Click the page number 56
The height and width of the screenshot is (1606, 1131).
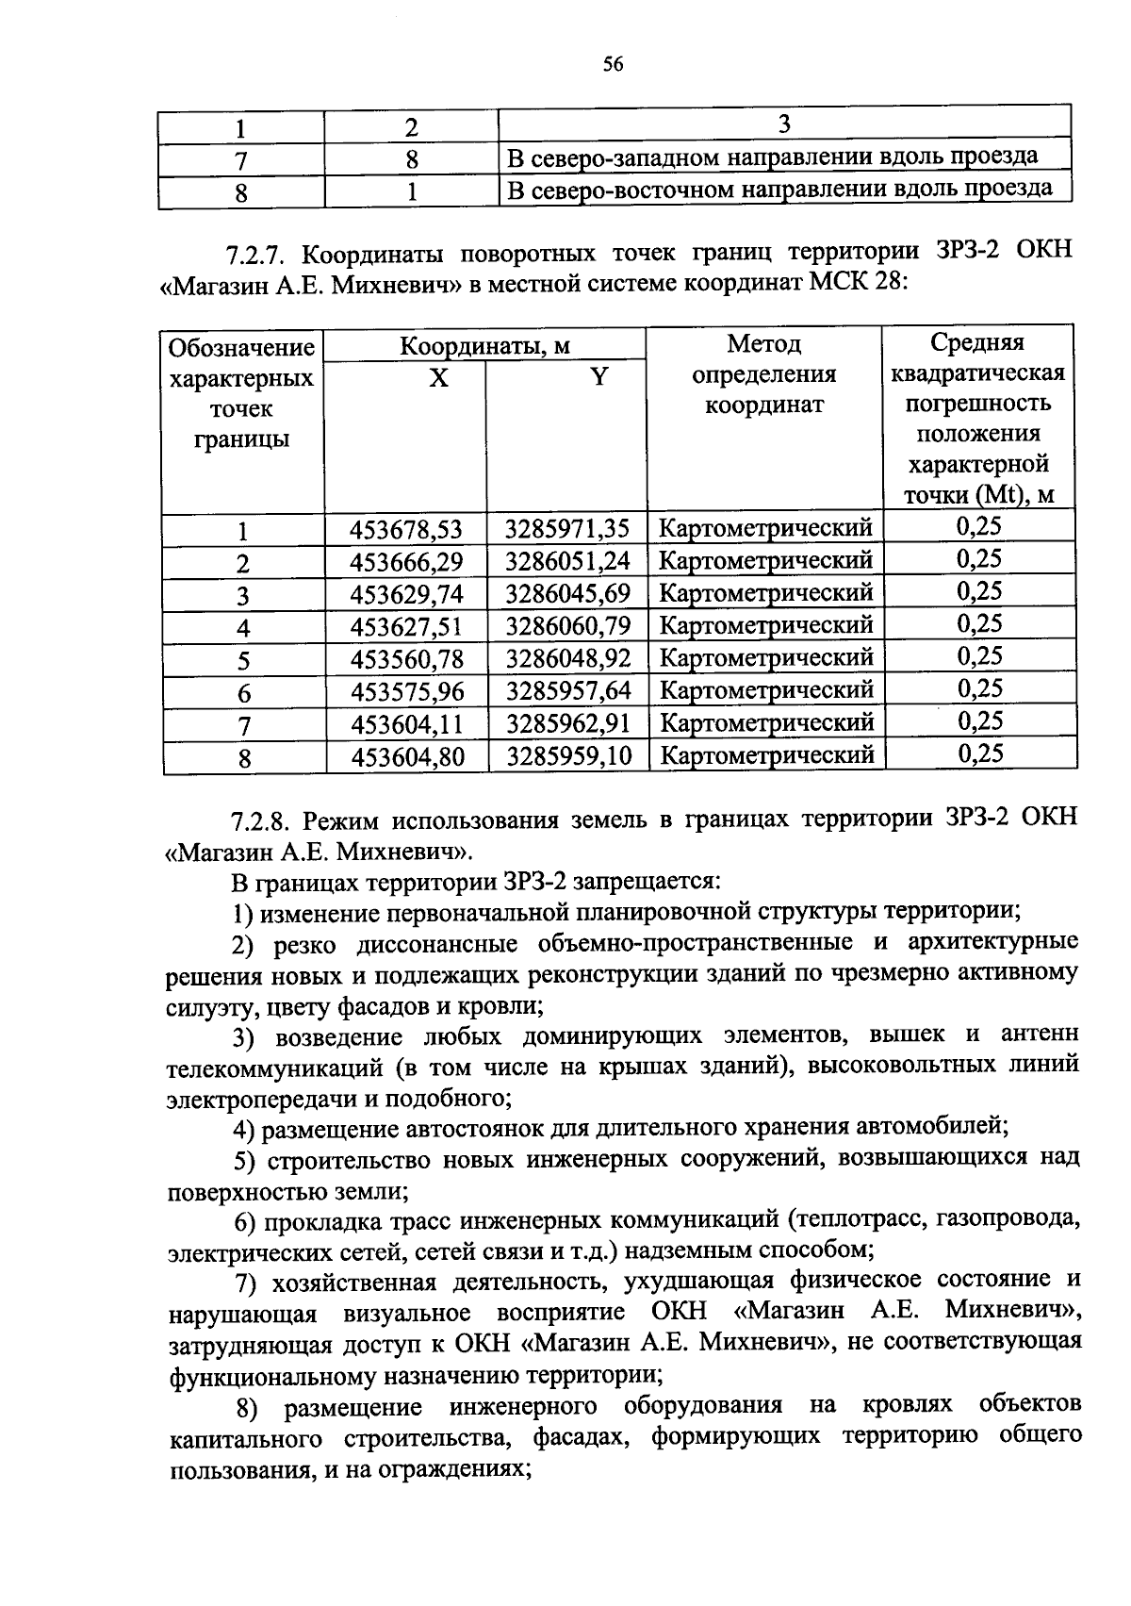[x=613, y=64]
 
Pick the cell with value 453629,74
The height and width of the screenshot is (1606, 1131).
[x=406, y=594]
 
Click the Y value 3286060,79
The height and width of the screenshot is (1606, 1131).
[x=567, y=626]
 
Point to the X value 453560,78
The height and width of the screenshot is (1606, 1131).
[x=407, y=658]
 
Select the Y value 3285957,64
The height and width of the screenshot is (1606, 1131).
[x=567, y=691]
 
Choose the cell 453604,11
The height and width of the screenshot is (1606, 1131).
[x=407, y=724]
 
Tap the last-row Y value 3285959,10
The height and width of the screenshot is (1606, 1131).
[x=567, y=756]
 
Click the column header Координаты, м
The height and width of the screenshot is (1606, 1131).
[x=484, y=346]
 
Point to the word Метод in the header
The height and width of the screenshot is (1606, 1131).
[x=763, y=343]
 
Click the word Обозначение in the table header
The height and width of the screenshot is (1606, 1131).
[x=241, y=348]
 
